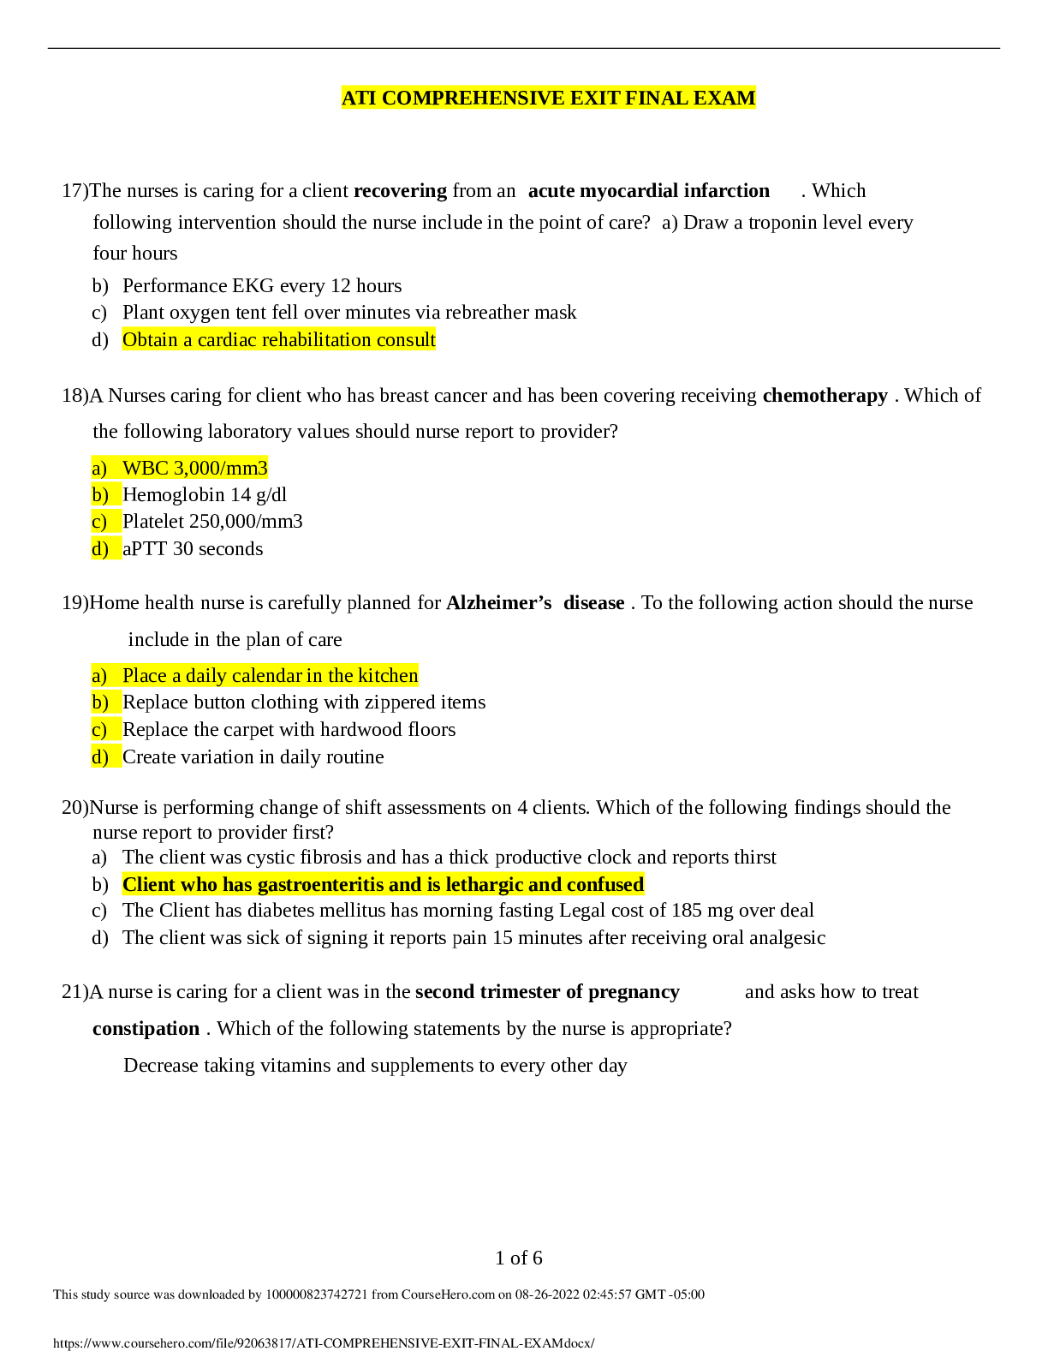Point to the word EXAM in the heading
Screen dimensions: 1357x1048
point(724,99)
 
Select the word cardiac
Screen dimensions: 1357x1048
point(228,340)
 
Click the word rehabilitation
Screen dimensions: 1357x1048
point(318,340)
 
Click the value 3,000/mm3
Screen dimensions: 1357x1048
point(221,469)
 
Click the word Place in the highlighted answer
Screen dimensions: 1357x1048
point(145,676)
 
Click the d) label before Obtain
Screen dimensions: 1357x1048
point(100,340)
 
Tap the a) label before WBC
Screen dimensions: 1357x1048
point(100,469)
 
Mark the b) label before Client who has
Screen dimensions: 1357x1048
point(100,885)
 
